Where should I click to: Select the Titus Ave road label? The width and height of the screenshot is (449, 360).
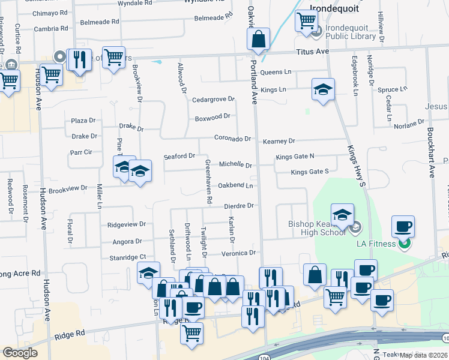coord(313,52)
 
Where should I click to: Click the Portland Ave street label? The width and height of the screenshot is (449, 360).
coord(254,83)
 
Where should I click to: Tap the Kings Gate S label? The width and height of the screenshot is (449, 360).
coord(310,172)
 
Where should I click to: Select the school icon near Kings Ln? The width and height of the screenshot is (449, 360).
coord(323,90)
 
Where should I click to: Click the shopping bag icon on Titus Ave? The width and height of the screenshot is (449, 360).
coord(259,40)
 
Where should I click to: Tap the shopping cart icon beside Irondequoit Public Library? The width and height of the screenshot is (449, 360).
coord(306,22)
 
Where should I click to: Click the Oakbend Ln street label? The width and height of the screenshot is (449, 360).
coord(235,185)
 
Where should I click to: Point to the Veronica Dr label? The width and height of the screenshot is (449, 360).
coord(239,253)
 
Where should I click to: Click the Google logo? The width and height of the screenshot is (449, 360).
coord(20,353)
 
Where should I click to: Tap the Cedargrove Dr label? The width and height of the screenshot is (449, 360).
coord(212,99)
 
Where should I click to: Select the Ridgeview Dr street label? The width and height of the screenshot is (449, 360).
coord(126,224)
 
